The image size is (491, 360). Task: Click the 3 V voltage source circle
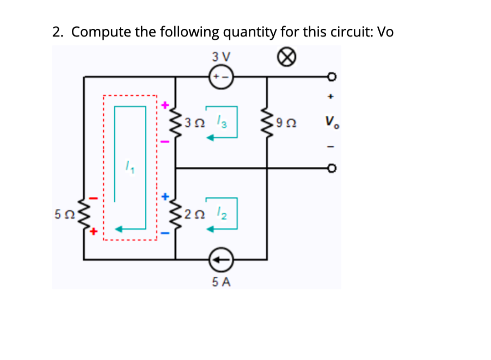[222, 77]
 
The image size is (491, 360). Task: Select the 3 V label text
[221, 56]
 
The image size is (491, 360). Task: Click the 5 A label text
[222, 282]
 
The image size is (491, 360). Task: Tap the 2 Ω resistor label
[193, 213]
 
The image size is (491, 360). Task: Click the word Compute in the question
[102, 32]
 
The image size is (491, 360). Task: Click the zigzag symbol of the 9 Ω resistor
[267, 123]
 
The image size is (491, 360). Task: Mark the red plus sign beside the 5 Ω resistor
[93, 232]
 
